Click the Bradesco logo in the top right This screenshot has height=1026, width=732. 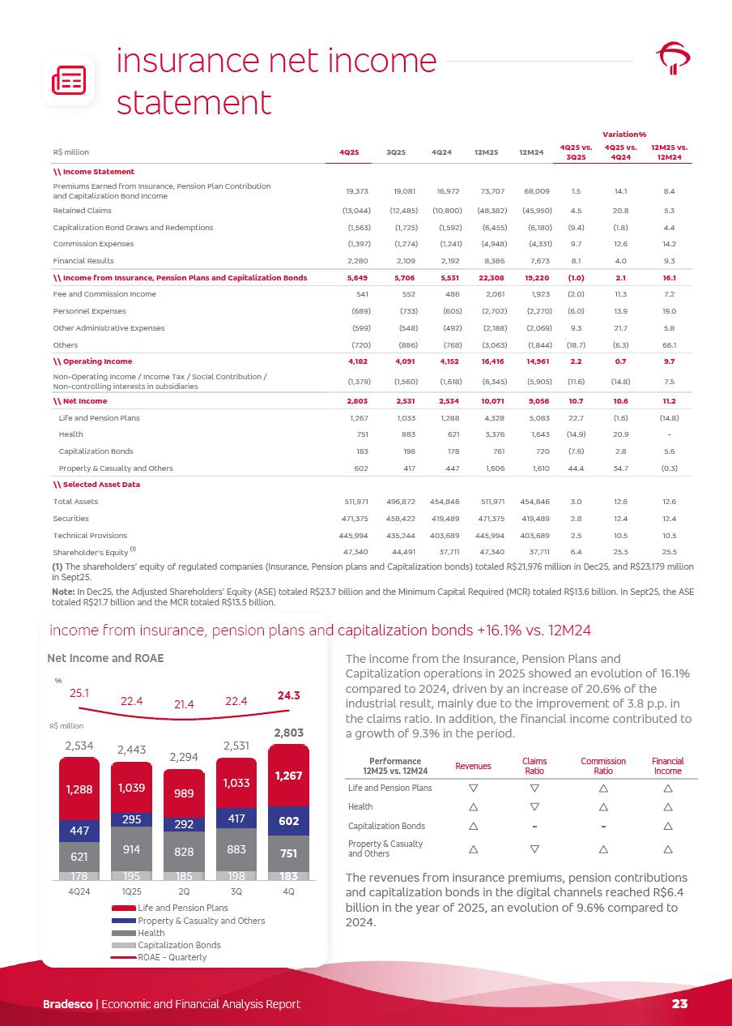673,58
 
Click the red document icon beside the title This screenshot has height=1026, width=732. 68,80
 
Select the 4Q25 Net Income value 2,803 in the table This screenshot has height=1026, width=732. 357,401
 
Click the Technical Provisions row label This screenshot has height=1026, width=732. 90,536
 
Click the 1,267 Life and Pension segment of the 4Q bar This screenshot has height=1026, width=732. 288,776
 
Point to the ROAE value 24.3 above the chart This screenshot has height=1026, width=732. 289,695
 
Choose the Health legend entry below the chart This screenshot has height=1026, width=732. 151,933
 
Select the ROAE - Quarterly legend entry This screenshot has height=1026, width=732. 172,957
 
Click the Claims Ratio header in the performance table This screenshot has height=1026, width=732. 534,765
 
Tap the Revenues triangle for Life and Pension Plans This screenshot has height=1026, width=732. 473,788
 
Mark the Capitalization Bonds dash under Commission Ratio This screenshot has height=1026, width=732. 603,826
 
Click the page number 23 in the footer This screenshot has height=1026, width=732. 679,1003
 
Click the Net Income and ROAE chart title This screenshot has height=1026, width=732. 105,658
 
